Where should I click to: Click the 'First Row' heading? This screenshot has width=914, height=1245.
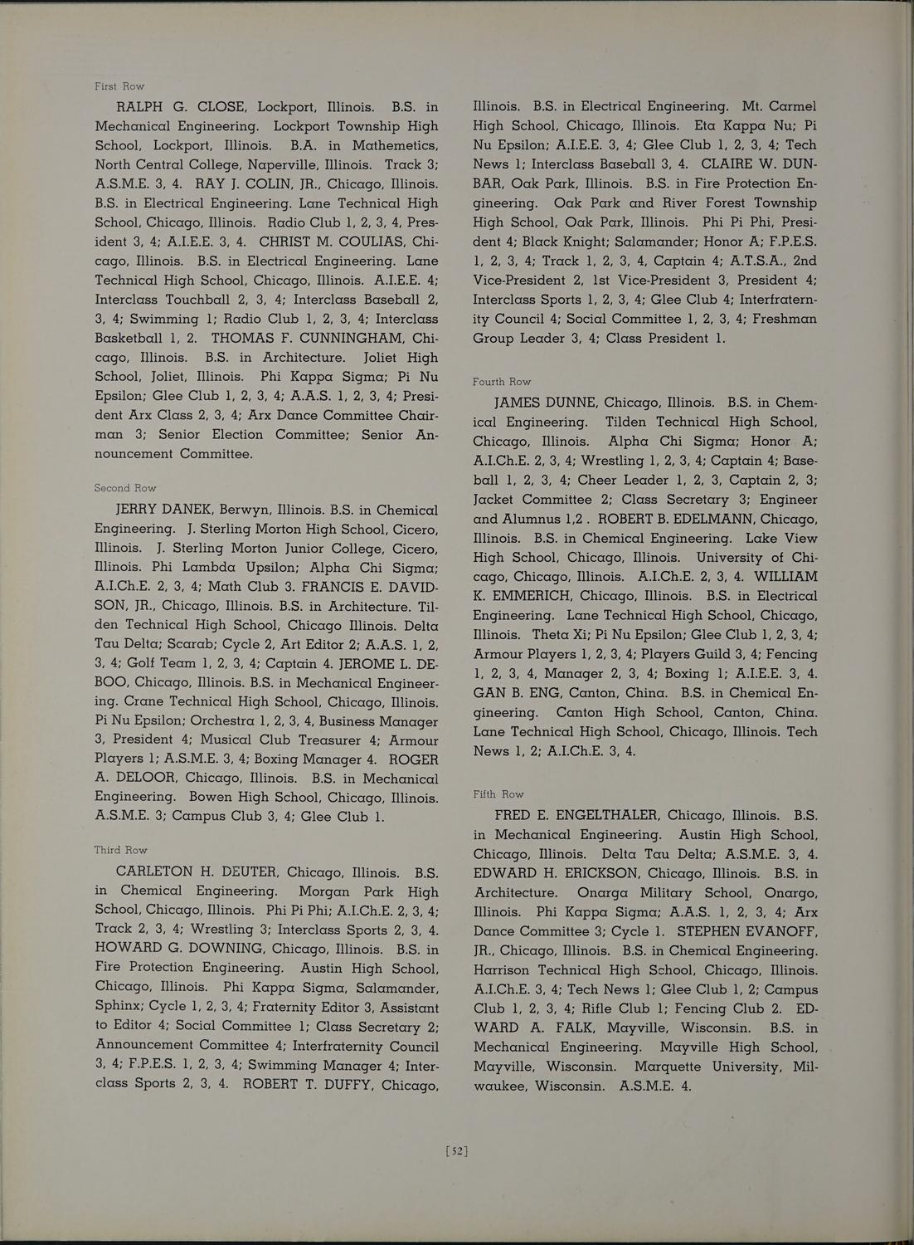point(119,86)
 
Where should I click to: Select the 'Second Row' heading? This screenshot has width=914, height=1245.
point(125,488)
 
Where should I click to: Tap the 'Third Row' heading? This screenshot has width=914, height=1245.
point(121,850)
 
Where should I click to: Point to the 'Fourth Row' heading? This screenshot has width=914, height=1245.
point(502,382)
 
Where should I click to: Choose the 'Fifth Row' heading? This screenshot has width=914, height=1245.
point(498,794)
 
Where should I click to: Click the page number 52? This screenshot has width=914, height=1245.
point(457,1151)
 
